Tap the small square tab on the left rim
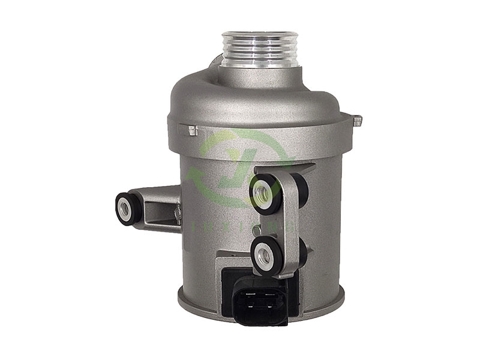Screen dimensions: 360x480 [x=192, y=130]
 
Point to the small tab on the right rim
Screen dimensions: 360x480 [x=358, y=122]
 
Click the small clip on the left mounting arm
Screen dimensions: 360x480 [x=176, y=213]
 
